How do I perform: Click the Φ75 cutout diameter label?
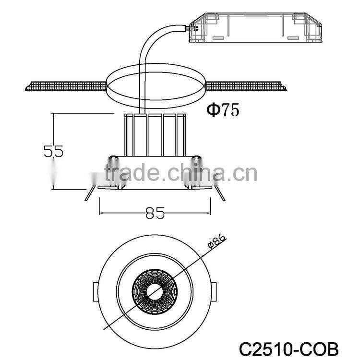tap(223, 110)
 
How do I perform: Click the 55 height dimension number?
tap(53, 151)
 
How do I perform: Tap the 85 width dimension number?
tap(155, 213)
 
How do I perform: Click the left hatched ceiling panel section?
tap(65, 86)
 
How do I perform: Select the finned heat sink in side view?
tap(155, 135)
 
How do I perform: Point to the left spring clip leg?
tap(88, 193)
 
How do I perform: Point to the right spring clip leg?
tap(220, 193)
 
